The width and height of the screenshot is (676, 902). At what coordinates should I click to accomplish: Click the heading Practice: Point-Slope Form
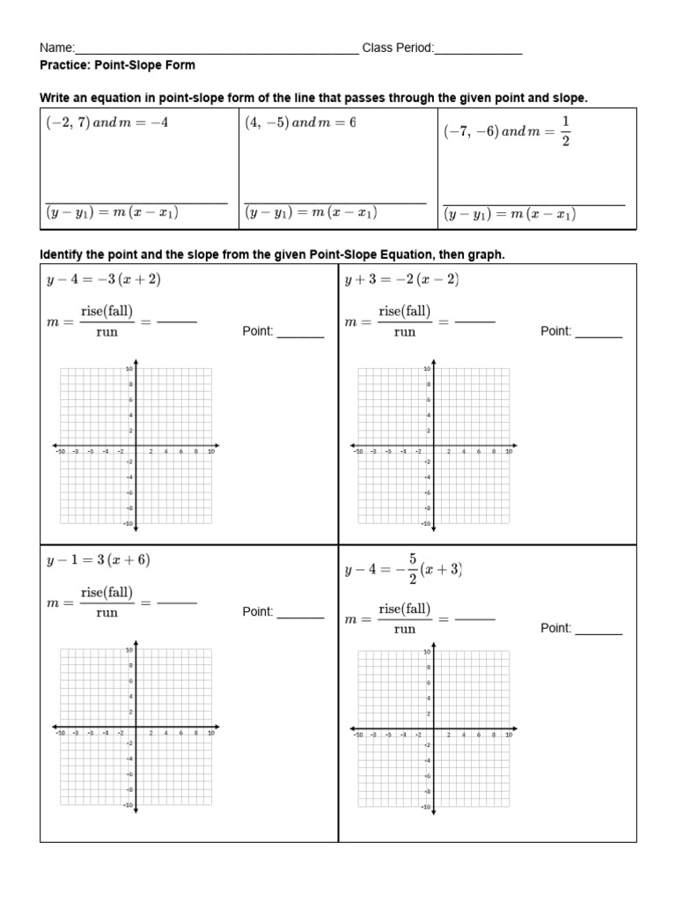pos(118,65)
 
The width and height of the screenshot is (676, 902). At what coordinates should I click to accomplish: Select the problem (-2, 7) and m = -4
pos(107,123)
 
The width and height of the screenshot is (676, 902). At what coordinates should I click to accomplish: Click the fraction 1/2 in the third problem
pos(565,131)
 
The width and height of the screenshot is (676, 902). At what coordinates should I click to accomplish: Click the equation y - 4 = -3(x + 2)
pos(103,279)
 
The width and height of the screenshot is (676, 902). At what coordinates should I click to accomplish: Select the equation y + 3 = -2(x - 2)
pos(402,279)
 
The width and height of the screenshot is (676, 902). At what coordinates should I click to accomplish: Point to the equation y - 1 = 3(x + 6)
pos(103,560)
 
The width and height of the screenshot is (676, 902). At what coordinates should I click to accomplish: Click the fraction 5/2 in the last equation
pos(410,569)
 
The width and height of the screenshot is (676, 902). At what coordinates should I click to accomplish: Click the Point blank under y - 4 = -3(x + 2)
pos(300,336)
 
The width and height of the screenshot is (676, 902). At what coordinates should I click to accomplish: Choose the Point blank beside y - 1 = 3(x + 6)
pos(300,616)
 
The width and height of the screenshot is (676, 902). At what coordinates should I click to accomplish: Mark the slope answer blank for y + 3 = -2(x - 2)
pos(475,322)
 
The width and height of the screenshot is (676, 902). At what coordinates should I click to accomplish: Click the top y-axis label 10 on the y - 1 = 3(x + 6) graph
pos(129,650)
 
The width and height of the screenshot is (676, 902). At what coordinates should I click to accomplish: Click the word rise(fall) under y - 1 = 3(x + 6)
pos(107,593)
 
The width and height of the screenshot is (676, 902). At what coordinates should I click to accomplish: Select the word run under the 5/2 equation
pos(404,629)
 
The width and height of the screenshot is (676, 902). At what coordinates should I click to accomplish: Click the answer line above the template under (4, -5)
pos(335,203)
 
